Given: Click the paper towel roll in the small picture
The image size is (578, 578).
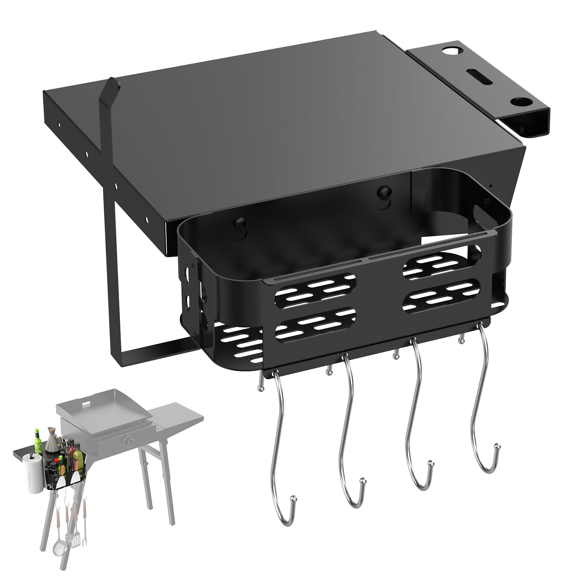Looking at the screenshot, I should pyautogui.click(x=34, y=473).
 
